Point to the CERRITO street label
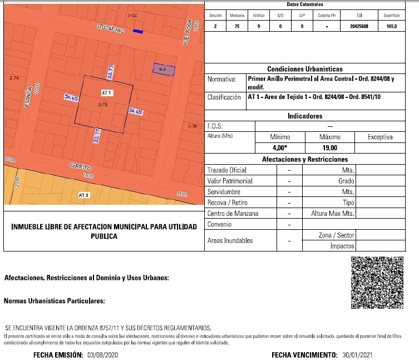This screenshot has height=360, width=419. (81, 167)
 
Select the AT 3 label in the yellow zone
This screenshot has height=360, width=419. (83, 195)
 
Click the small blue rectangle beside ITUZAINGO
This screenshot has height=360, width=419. (139, 32)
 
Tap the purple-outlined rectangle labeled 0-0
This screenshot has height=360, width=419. (164, 69)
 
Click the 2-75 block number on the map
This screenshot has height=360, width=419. (102, 104)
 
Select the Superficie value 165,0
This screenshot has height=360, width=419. (391, 26)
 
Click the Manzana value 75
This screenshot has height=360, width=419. (237, 26)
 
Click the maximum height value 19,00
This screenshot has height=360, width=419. (329, 148)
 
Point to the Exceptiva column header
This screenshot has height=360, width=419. (380, 137)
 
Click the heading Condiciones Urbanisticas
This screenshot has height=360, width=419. (304, 69)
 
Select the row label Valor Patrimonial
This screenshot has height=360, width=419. (229, 181)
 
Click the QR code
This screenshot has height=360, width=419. (377, 283)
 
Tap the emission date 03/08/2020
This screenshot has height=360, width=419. (103, 354)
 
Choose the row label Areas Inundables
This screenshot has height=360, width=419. (229, 240)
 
